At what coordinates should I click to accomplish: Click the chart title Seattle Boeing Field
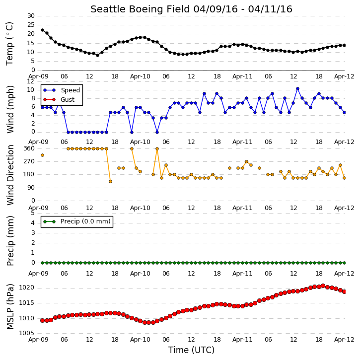pyautogui.click(x=140, y=9)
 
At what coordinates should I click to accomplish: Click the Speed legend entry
pyautogui.click(x=62, y=90)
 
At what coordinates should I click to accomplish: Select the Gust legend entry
pyautogui.click(x=59, y=100)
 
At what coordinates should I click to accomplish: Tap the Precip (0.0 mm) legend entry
pyautogui.click(x=77, y=221)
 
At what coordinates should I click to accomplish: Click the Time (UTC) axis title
pyautogui.click(x=191, y=350)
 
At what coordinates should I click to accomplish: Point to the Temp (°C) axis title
pyautogui.click(x=9, y=44)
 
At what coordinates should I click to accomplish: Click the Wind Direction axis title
pyautogui.click(x=10, y=175)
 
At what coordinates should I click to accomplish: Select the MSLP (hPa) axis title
pyautogui.click(x=10, y=306)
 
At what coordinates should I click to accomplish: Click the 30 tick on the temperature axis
pyautogui.click(x=31, y=16)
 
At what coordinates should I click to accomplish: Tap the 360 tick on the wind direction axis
pyautogui.click(x=29, y=148)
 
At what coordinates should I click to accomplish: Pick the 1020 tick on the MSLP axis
pyautogui.click(x=27, y=288)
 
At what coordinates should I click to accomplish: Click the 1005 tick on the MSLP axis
pyautogui.click(x=27, y=333)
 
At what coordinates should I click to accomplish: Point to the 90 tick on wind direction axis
pyautogui.click(x=31, y=188)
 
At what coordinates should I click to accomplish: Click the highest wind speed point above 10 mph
pyautogui.click(x=298, y=88)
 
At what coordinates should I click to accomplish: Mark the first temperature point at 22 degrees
pyautogui.click(x=43, y=30)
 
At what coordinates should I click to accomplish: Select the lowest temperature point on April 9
pyautogui.click(x=98, y=55)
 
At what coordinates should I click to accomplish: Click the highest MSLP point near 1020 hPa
pyautogui.click(x=323, y=286)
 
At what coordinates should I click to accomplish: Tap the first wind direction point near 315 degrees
pyautogui.click(x=43, y=155)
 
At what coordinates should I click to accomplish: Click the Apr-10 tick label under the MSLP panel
pyautogui.click(x=140, y=340)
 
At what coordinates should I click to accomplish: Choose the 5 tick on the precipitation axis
pyautogui.click(x=33, y=213)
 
